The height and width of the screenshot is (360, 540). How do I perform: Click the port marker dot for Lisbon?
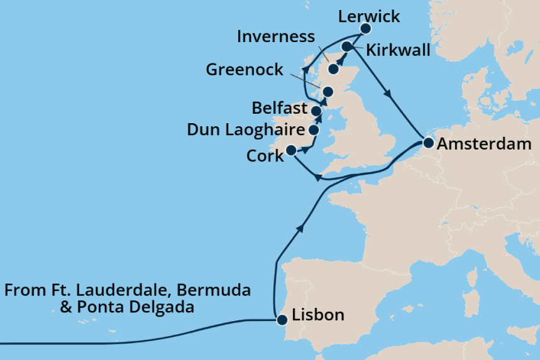coord(282,320)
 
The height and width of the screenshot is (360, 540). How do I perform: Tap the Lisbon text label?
coord(319,315)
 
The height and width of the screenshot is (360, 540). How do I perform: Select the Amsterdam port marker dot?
coord(427,143)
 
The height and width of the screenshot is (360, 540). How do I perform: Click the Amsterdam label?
coord(484,144)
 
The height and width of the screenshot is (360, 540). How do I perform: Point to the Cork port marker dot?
coord(290,150)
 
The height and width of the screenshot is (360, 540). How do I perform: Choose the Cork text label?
coord(265,156)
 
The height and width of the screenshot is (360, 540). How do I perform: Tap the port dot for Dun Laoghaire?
coord(313,130)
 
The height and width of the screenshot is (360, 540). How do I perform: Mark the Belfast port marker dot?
coord(316,111)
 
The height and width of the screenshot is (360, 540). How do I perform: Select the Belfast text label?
coord(278,107)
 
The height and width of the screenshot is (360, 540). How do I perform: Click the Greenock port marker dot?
coord(328,92)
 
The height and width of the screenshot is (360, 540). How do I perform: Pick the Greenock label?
coord(245,69)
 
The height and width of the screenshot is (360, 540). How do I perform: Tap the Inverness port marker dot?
coord(333,67)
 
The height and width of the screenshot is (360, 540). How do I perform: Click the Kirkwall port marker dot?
coord(346,46)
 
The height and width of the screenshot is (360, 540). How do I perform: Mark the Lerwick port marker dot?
coord(366,28)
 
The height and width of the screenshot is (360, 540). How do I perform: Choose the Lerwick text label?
coord(368,16)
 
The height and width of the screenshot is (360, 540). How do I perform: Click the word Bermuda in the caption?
coord(214,290)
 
